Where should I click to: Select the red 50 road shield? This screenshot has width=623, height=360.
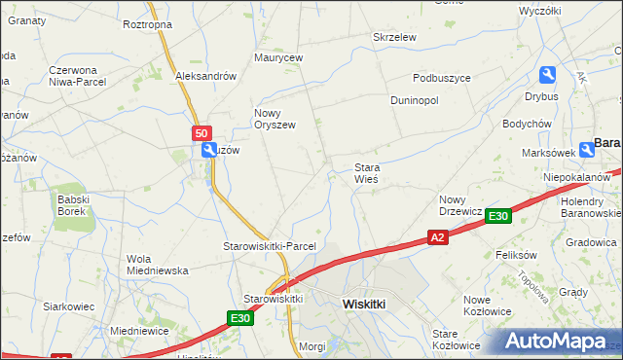point(201,133)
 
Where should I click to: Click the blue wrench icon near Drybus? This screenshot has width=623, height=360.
point(547,75)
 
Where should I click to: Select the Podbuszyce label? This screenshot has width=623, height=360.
point(442,78)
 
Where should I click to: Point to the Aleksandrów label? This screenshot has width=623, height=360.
point(206,76)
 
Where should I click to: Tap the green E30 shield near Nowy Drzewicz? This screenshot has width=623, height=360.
point(497,216)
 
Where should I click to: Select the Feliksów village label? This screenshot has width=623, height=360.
point(517,254)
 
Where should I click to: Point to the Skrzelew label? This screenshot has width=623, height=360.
point(395,37)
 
